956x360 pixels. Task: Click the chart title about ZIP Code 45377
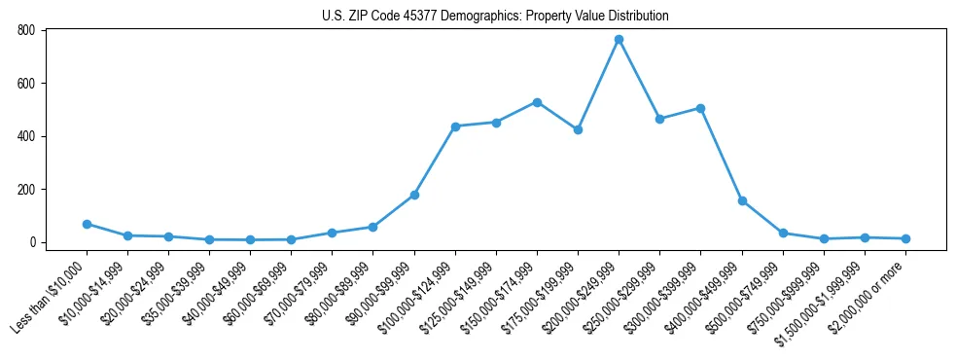(495, 16)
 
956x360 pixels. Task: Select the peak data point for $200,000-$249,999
(619, 40)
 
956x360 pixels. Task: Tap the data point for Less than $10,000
(87, 224)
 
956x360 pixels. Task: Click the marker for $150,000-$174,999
(537, 102)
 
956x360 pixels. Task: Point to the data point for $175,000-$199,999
(578, 129)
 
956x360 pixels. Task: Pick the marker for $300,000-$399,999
(700, 108)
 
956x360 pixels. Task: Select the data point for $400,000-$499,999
(742, 200)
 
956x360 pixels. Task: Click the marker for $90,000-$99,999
(414, 195)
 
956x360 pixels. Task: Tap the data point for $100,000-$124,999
(455, 126)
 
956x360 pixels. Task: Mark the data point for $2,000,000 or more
(905, 238)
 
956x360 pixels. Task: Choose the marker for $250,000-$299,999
(659, 119)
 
